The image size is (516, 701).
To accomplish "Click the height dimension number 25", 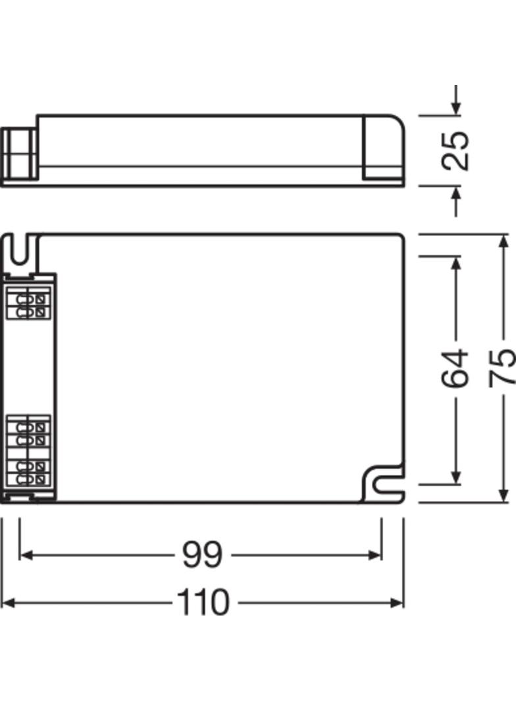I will (x=455, y=151).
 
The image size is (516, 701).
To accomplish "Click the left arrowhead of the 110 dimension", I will (x=8, y=602).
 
